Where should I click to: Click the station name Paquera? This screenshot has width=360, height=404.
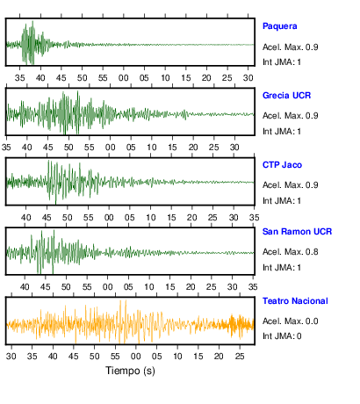[x=280, y=26]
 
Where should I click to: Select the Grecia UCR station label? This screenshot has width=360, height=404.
[x=286, y=96]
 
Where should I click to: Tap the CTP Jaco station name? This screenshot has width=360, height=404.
[x=282, y=165]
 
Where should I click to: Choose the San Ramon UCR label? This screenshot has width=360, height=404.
[x=297, y=232]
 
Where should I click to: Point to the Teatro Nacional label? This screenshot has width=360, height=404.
[x=295, y=301]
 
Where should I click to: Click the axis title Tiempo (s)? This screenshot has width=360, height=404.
[x=130, y=371]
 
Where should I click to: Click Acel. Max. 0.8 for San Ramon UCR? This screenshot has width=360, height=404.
[x=291, y=252]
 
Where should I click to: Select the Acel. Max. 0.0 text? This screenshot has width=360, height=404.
[x=291, y=321]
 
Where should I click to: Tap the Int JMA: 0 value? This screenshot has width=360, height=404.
[x=282, y=335]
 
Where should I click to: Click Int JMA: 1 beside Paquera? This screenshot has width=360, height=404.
[x=282, y=62]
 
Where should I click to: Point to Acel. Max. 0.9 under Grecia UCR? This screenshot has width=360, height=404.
[x=291, y=116]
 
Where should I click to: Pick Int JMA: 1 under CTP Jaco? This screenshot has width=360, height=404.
[x=282, y=201]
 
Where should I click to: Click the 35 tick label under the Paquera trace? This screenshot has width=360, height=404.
[x=20, y=78]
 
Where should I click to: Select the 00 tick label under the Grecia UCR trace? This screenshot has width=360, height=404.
[x=110, y=148]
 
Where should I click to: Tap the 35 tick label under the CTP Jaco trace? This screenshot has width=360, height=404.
[x=254, y=218]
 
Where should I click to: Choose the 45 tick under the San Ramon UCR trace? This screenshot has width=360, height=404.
[x=46, y=287]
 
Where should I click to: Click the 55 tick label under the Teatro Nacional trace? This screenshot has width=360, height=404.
[x=115, y=357]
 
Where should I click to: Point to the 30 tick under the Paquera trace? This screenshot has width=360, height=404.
[x=248, y=78]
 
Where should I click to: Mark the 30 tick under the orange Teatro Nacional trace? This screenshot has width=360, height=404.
[x=11, y=357]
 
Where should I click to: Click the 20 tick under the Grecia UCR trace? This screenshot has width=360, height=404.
[x=193, y=148]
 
